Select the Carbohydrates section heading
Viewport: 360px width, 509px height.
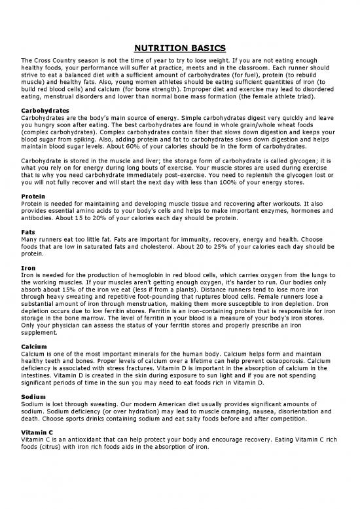[42, 109]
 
